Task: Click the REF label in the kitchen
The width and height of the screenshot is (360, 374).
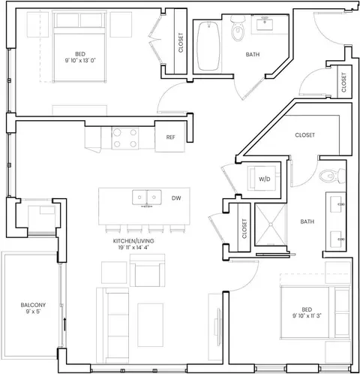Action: coord(170,137)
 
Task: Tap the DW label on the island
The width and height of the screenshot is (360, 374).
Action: coord(176,198)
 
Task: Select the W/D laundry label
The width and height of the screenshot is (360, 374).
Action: coord(265,179)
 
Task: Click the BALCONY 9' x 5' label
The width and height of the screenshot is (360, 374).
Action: coord(33,308)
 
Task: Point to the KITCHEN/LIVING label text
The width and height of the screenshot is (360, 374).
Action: coord(133,241)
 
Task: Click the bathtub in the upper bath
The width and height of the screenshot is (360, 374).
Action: coord(208,46)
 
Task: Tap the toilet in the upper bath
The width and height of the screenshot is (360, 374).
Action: coord(238,28)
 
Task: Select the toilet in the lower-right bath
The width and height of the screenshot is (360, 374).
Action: coord(332,176)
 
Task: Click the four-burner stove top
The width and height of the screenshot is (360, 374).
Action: coord(125,138)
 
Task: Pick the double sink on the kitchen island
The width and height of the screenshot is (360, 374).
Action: coord(147,198)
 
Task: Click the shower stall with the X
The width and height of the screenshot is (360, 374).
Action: coord(270,225)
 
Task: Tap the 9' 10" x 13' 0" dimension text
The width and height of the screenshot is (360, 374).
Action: coord(80,60)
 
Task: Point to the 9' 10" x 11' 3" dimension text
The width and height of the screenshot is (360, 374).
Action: coord(307,315)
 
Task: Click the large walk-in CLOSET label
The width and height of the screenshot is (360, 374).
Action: coord(304,135)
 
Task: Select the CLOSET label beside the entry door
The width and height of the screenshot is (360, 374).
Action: coord(343,83)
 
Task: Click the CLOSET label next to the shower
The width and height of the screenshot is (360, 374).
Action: coord(244,228)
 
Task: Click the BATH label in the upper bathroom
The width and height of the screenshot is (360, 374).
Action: coord(253,55)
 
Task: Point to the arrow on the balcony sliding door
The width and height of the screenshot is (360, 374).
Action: coord(64,324)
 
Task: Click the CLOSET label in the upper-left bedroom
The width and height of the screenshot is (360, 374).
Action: coord(181,43)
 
